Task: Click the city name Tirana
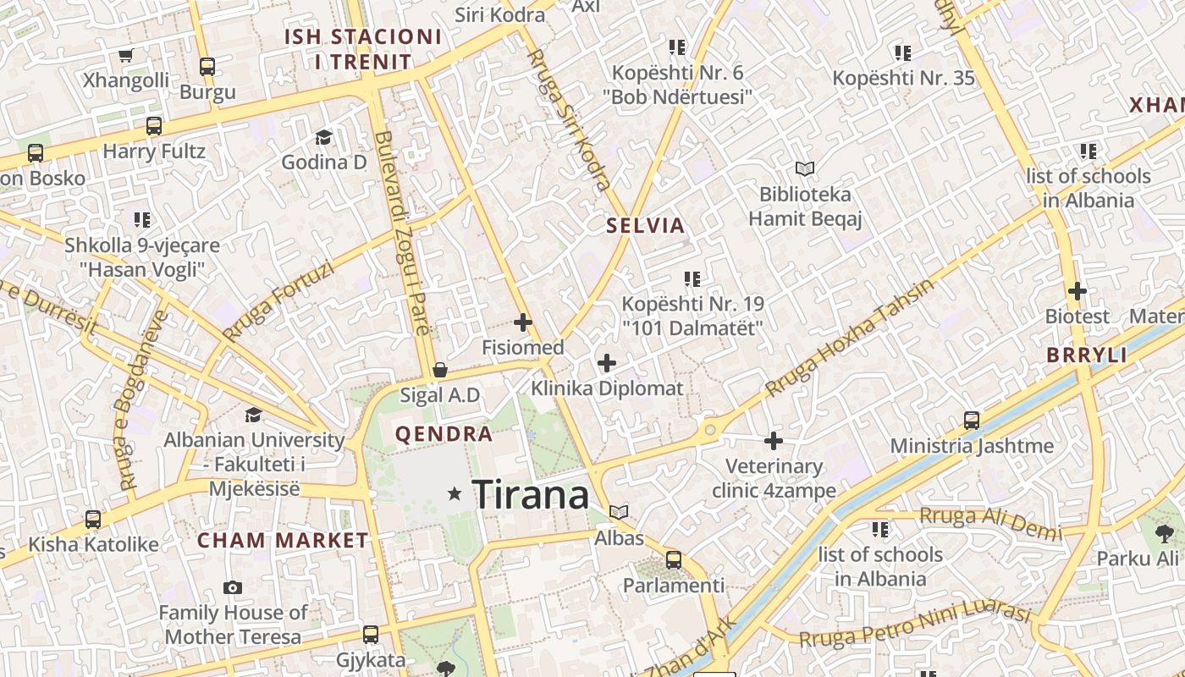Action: (530, 494)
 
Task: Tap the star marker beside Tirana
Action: (455, 493)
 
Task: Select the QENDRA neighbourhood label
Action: (444, 434)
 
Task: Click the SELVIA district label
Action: (645, 226)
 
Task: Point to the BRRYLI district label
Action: (1087, 355)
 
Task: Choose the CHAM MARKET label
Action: (283, 540)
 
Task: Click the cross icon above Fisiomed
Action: (523, 322)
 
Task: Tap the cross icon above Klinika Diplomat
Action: (607, 364)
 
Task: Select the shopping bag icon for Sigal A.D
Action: (439, 370)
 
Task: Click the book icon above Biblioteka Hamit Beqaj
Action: (804, 169)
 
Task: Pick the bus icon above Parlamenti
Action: (674, 559)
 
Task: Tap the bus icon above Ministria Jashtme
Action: (972, 421)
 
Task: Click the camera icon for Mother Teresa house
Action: (233, 587)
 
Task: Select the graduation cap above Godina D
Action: (323, 137)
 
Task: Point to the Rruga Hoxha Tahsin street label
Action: (850, 337)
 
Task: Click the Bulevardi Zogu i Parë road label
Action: (402, 233)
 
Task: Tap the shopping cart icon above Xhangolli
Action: (126, 56)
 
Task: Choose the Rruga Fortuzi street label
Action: (278, 300)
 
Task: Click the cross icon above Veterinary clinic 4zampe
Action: (774, 441)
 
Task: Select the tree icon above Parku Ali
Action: (1165, 533)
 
